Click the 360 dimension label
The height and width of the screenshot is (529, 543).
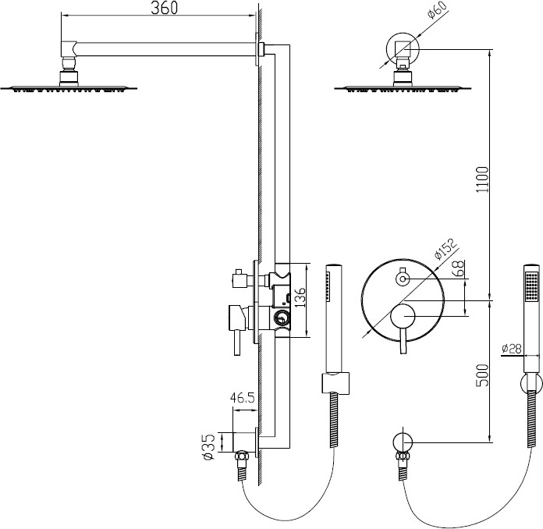pyautogui.click(x=164, y=8)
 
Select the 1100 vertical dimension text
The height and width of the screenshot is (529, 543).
pyautogui.click(x=482, y=179)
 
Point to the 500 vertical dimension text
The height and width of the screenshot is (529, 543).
pyautogui.click(x=482, y=375)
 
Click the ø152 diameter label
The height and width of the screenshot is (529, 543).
pyautogui.click(x=445, y=248)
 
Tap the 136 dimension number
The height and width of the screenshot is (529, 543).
pyautogui.click(x=300, y=297)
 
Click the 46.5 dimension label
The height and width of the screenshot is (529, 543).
pyautogui.click(x=243, y=398)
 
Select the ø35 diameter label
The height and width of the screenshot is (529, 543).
pyautogui.click(x=209, y=448)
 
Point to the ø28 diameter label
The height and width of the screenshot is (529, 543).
pyautogui.click(x=511, y=348)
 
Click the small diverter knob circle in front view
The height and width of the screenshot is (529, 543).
pyautogui.click(x=403, y=279)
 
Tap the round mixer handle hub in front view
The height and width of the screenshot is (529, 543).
pyautogui.click(x=403, y=316)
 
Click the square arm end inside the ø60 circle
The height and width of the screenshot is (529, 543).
pyautogui.click(x=403, y=49)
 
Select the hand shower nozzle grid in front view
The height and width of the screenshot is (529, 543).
pyautogui.click(x=532, y=286)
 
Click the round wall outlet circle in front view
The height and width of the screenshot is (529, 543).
pyautogui.click(x=403, y=442)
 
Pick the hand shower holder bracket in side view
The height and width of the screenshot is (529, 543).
pyautogui.click(x=336, y=383)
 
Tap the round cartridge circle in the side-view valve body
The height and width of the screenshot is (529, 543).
pyautogui.click(x=282, y=317)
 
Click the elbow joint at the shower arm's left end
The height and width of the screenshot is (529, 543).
pyautogui.click(x=68, y=50)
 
